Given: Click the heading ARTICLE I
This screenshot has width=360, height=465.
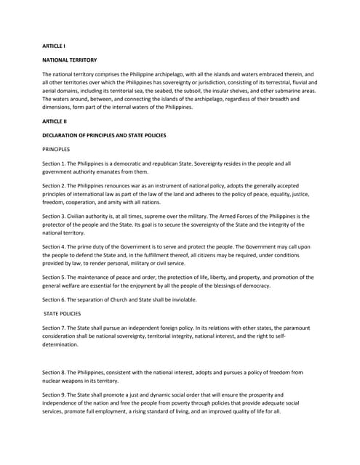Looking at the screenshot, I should pyautogui.click(x=54, y=46).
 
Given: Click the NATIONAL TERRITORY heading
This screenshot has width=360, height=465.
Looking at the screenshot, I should pyautogui.click(x=70, y=60).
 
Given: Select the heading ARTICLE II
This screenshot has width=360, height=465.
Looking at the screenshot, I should pyautogui.click(x=55, y=121).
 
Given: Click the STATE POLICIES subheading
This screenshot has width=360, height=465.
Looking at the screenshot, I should pyautogui.click(x=63, y=313).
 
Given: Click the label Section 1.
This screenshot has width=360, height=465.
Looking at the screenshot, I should pyautogui.click(x=55, y=163).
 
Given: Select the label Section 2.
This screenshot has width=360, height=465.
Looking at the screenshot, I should pyautogui.click(x=55, y=186).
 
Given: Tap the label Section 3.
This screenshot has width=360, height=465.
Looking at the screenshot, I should pyautogui.click(x=55, y=217).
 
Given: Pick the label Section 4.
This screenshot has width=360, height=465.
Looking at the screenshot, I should pyautogui.click(x=55, y=246).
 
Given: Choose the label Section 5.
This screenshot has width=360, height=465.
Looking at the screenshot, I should pyautogui.click(x=55, y=277).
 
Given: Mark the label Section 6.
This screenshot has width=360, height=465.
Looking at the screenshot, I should pyautogui.click(x=55, y=299).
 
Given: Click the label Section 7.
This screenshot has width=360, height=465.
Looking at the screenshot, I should pyautogui.click(x=55, y=328).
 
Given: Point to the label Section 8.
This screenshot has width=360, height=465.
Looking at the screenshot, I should pyautogui.click(x=55, y=373).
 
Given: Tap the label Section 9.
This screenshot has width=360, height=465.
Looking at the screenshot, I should pyautogui.click(x=55, y=395).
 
